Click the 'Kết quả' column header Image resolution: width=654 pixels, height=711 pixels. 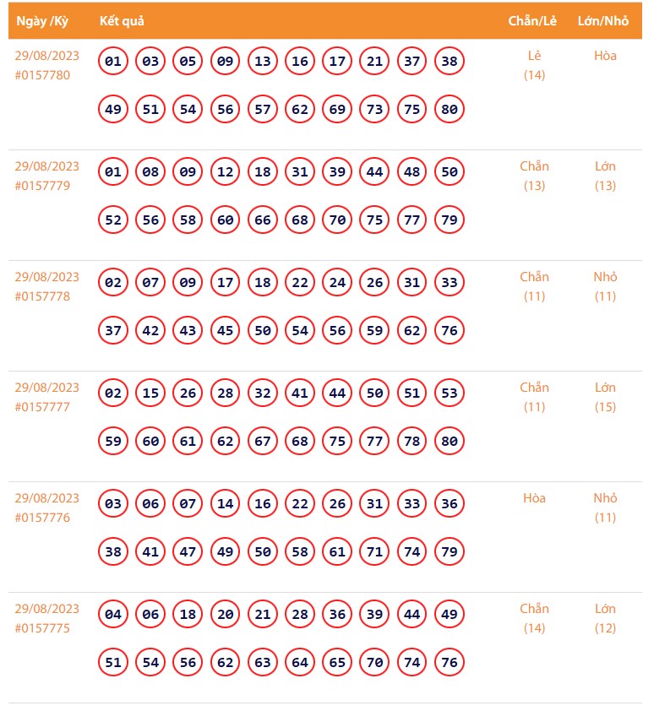[123, 21]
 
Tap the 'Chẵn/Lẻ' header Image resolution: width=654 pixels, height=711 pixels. [532, 21]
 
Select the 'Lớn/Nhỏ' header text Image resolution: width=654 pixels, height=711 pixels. [603, 21]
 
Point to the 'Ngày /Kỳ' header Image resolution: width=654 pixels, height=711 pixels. [42, 21]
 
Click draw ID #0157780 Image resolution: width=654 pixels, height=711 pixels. [42, 75]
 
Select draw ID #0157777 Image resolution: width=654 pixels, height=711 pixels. [42, 407]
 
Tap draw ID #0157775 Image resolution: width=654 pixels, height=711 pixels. [42, 628]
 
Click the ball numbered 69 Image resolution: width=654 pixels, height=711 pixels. [337, 110]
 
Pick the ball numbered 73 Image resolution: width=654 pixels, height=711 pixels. [374, 110]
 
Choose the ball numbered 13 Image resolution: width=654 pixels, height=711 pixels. [263, 62]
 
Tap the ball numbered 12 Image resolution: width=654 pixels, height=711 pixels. [225, 172]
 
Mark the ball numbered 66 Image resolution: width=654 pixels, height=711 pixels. [263, 220]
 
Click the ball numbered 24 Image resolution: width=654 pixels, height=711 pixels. [337, 283]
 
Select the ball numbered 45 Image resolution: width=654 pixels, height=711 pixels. [225, 331]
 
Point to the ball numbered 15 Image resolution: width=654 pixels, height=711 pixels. [150, 393]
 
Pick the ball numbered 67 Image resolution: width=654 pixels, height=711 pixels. [263, 442]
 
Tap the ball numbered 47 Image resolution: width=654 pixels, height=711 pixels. [188, 552]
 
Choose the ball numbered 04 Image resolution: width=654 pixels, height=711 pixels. [113, 615]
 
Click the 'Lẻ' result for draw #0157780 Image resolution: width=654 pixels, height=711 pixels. [534, 56]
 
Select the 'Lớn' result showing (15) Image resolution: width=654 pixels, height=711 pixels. [605, 388]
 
